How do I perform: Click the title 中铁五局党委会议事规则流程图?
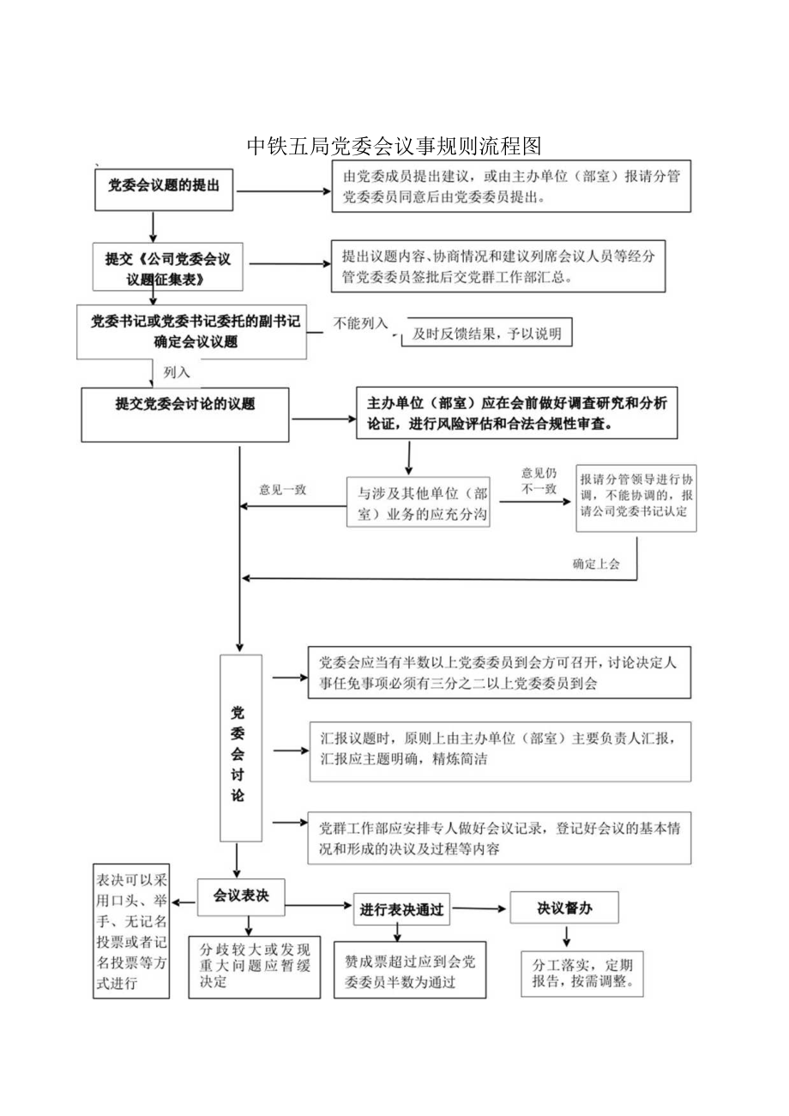pyautogui.click(x=394, y=146)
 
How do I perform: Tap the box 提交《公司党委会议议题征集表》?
pyautogui.click(x=167, y=268)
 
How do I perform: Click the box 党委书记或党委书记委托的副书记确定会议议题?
pyautogui.click(x=191, y=332)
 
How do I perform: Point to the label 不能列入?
pyautogui.click(x=361, y=323)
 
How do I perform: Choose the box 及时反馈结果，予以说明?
pyautogui.click(x=486, y=335)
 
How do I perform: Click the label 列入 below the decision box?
pyautogui.click(x=177, y=372)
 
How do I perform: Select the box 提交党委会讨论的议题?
pyautogui.click(x=185, y=413)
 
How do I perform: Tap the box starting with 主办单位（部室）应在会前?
pyautogui.click(x=517, y=413)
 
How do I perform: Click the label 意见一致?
pyautogui.click(x=283, y=490)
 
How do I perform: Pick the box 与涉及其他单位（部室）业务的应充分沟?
pyautogui.click(x=419, y=503)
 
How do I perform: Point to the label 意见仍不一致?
pyautogui.click(x=539, y=480)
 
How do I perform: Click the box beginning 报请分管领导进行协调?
pyautogui.click(x=635, y=496)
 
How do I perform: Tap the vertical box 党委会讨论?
pyautogui.click(x=240, y=747)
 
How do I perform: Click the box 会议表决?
pyautogui.click(x=241, y=896)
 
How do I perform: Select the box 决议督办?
pyautogui.click(x=564, y=908)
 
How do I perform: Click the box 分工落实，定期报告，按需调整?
pyautogui.click(x=582, y=973)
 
